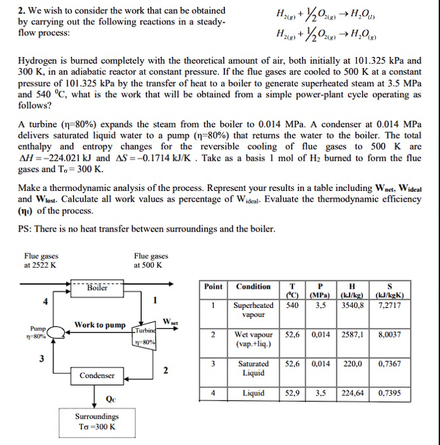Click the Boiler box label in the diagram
pos(97,287)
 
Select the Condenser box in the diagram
pos(98,375)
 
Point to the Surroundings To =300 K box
pos(97,421)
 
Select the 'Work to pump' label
pos(100,325)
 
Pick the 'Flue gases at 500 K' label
pos(151,261)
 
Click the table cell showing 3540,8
pos(353,305)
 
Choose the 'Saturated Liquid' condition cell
pos(253,368)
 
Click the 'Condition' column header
pos(253,286)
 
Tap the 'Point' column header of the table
pos(214,286)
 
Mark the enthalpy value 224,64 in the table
pos(353,393)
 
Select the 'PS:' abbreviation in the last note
pos(25,229)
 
